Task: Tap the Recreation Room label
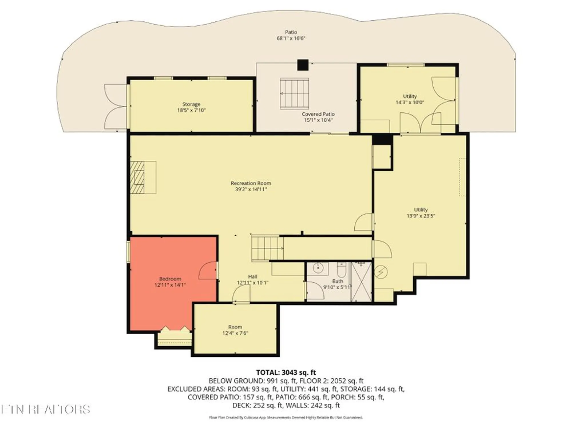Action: [x=251, y=183]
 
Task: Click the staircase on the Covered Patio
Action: [x=294, y=94]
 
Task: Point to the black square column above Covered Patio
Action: [x=303, y=65]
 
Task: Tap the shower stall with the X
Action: [x=361, y=282]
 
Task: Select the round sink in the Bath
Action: [x=318, y=268]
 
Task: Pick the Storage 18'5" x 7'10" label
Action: [x=191, y=107]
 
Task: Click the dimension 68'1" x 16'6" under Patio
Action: [x=291, y=38]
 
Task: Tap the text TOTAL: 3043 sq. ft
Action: [x=286, y=372]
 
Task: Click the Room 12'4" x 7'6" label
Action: [x=235, y=330]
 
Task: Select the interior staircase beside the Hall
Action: [x=267, y=248]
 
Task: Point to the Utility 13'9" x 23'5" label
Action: [x=420, y=212]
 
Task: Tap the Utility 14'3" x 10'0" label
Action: [x=410, y=99]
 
